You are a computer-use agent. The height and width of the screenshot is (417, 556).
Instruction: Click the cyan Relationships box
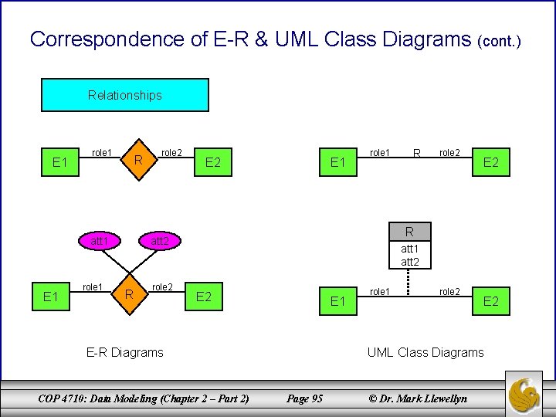(124, 95)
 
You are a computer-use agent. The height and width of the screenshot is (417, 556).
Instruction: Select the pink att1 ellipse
(99, 242)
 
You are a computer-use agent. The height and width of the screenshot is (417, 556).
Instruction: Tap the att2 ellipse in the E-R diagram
(160, 242)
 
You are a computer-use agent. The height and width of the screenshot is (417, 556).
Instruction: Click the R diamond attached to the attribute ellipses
(131, 293)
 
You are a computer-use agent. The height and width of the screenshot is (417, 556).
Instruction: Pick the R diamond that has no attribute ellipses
(137, 161)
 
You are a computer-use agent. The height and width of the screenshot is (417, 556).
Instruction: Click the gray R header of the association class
(409, 231)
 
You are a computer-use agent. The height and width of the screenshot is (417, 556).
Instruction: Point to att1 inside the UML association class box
(409, 249)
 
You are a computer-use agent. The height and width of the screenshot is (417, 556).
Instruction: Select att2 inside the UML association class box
(409, 262)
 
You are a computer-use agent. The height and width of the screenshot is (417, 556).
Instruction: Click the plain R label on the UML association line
(416, 154)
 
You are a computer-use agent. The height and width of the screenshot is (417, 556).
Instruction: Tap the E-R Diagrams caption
(124, 352)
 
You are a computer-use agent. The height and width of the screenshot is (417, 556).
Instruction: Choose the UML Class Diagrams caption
(425, 352)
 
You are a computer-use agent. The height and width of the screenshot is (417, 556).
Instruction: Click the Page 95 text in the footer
(304, 398)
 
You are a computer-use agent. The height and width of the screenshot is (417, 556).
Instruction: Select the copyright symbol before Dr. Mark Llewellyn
(373, 398)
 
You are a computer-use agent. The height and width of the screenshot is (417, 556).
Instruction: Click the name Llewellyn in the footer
(440, 398)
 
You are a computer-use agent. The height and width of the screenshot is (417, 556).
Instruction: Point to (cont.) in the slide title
(500, 40)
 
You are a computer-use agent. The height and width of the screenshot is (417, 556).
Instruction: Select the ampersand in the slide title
(260, 39)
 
